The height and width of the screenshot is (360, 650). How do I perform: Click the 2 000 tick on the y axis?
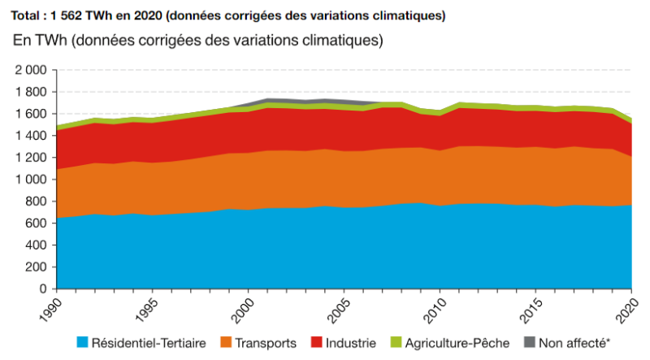pos(30,71)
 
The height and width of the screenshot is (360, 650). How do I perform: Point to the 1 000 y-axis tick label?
pos(30,180)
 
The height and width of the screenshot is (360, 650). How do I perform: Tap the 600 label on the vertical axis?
pos(37,223)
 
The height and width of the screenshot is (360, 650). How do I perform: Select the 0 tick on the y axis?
pos(45,289)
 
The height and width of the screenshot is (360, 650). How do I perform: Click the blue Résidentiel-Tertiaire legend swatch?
pos(82,343)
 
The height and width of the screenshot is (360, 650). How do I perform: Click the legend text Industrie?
pos(353,343)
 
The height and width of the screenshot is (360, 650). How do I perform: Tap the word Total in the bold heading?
pos(25,15)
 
